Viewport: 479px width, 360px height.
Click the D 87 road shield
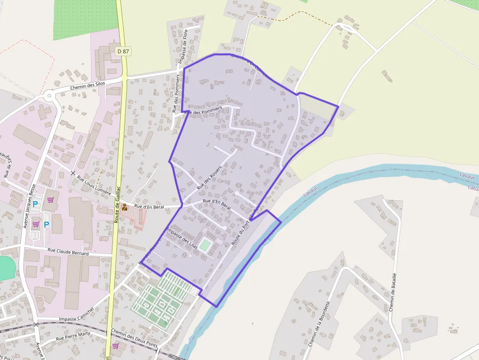[x=123, y=51]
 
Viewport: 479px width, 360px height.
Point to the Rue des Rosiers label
[x=209, y=177]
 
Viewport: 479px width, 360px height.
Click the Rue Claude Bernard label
[x=68, y=252]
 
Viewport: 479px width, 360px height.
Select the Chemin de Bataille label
[x=392, y=292]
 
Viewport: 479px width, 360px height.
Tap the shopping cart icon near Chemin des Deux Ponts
[x=115, y=346]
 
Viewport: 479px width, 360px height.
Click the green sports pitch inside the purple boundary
[x=205, y=245]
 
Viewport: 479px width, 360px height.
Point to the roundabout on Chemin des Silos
[x=50, y=95]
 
